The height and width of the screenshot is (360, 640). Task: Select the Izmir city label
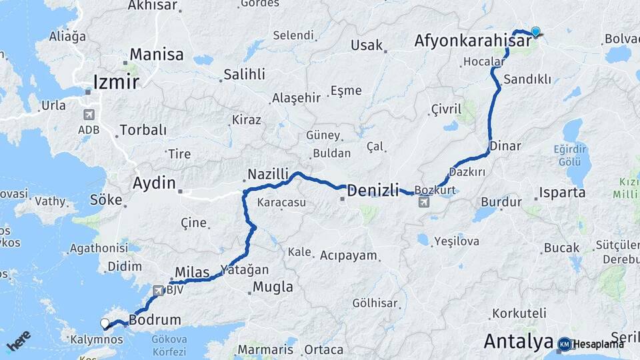coord(116,82)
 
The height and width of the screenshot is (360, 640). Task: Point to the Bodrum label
coord(155,320)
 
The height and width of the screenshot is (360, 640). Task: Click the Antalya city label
coord(518,341)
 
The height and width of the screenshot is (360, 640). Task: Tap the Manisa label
coord(156,54)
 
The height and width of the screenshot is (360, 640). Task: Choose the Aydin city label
coord(154,183)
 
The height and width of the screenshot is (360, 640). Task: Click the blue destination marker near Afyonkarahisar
coord(535,31)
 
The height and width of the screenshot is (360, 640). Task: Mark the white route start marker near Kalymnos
coord(105,323)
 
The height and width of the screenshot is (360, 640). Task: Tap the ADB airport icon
coord(89,114)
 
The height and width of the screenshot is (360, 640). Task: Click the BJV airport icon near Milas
coord(158,291)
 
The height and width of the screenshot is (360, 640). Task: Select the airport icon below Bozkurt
coord(425,202)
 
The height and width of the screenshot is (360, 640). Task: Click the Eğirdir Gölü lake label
coord(570,155)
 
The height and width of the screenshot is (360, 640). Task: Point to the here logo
coord(18,340)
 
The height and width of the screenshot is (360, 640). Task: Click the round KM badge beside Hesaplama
coord(565,344)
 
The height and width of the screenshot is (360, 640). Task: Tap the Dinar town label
coord(505,145)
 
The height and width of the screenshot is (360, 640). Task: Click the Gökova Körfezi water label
coord(169,344)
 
